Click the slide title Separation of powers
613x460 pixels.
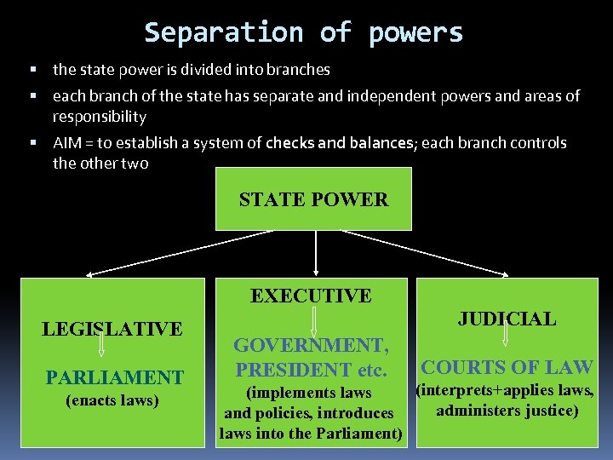click(x=304, y=32)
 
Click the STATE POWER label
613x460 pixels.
click(x=313, y=200)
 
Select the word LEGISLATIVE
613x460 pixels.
click(x=112, y=328)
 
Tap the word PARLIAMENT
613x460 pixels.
click(x=114, y=377)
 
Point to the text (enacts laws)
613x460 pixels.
click(x=112, y=400)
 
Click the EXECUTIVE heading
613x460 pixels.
click(x=311, y=296)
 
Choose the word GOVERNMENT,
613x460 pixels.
click(x=312, y=345)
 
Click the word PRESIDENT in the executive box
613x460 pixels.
click(x=289, y=370)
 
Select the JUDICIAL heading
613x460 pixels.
click(x=507, y=319)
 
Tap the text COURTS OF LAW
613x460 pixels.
click(x=507, y=367)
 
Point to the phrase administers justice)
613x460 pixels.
click(x=507, y=411)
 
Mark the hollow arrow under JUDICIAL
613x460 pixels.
click(x=504, y=335)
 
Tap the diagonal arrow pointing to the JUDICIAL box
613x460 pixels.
click(x=443, y=253)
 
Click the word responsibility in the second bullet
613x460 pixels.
click(x=100, y=116)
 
